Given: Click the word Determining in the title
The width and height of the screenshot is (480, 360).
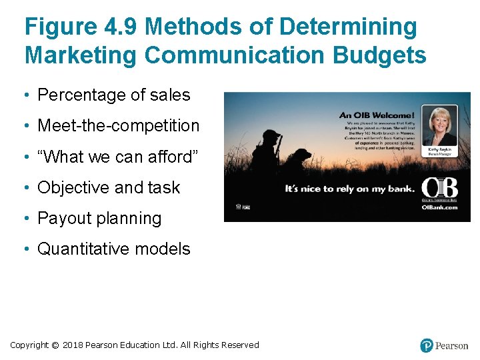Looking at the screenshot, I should [x=349, y=27].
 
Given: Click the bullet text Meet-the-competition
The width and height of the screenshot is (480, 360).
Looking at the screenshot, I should [x=118, y=126].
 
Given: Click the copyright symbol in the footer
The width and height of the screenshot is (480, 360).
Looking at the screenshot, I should [x=55, y=345].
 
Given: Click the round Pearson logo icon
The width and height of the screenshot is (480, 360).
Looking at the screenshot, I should [x=427, y=345].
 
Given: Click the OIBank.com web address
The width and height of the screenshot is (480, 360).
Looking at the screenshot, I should [x=439, y=207].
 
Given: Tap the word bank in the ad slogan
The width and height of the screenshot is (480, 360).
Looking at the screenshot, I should [x=399, y=189].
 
